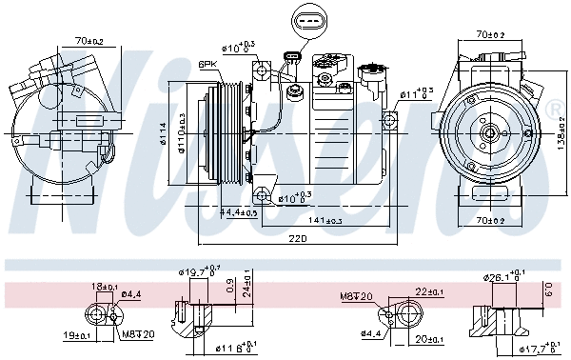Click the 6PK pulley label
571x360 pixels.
click(x=207, y=64)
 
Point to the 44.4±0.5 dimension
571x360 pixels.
click(x=239, y=211)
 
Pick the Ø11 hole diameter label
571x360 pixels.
click(x=416, y=92)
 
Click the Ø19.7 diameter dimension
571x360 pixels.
click(x=200, y=273)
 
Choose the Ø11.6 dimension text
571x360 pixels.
click(x=232, y=347)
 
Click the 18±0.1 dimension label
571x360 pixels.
click(x=103, y=286)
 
